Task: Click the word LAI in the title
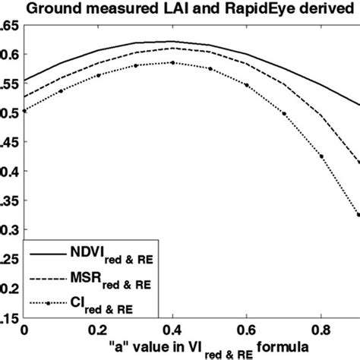[x=168, y=10]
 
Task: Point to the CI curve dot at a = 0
[x=24, y=111]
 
